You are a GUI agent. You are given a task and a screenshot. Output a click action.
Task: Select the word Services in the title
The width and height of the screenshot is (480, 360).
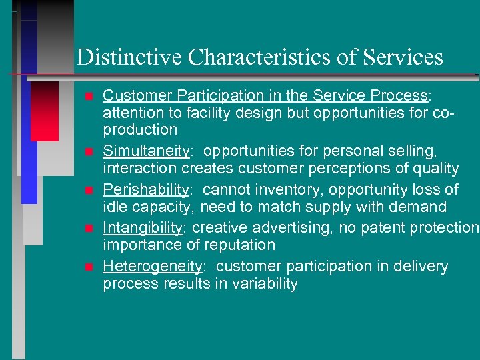[403, 57]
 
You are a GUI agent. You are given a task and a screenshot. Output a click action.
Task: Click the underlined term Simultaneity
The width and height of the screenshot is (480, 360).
[146, 151]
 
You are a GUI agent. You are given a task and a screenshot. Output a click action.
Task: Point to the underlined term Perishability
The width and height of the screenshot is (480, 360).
[145, 190]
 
